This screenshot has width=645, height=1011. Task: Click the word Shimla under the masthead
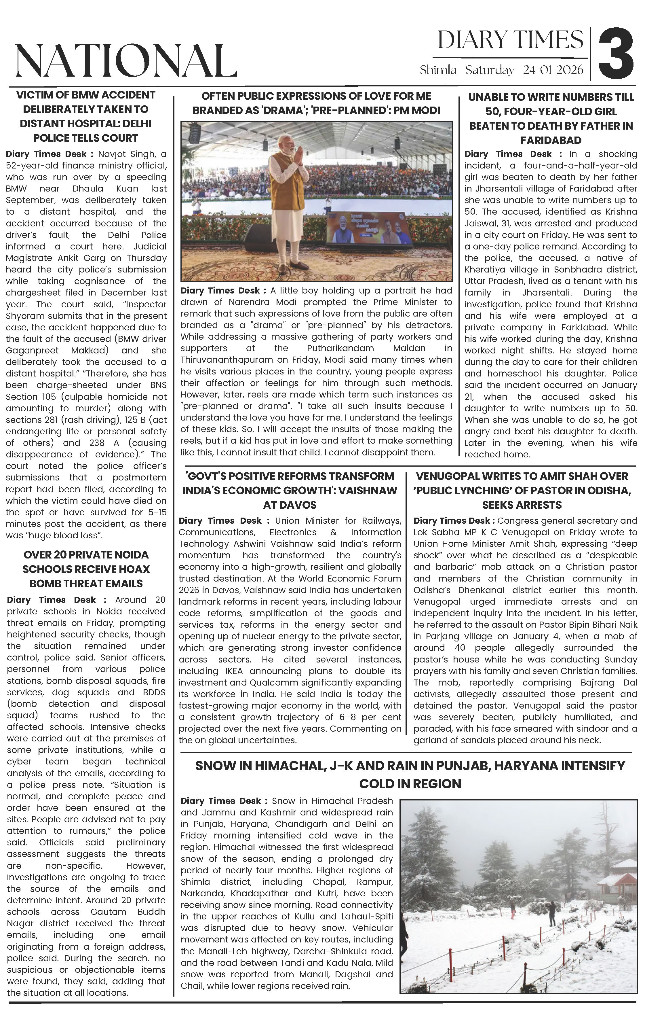click(x=438, y=70)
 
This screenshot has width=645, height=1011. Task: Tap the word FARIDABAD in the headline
click(x=551, y=140)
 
